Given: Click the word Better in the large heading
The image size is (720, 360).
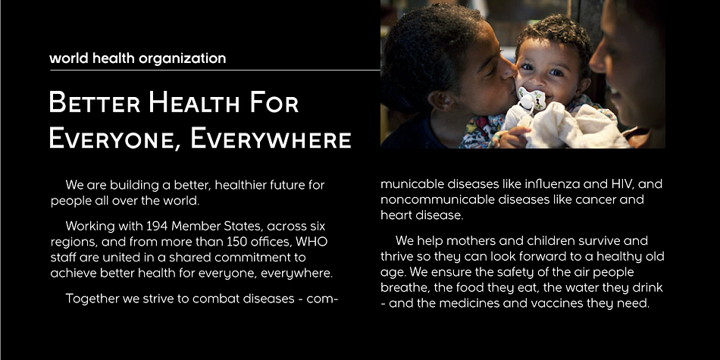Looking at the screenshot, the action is coord(95,102).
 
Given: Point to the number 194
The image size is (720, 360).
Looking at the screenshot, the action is coord(158,227).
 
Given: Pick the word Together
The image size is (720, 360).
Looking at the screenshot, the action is coord(92,299).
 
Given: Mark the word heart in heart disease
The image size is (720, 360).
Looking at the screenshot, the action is coord(396,215).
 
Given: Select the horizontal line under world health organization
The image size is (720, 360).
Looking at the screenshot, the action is coord(215,70).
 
